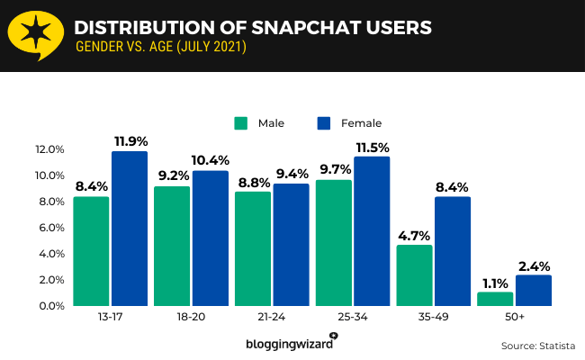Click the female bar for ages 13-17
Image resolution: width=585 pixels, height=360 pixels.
coord(130,229)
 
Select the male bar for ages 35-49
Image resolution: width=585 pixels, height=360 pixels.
coord(414,275)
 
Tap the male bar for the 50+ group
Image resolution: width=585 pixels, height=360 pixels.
coord(495,299)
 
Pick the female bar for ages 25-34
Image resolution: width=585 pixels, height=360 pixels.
coord(372,231)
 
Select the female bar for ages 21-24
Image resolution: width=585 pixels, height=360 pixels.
coord(291,245)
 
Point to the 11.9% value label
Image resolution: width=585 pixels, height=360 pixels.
coord(130,141)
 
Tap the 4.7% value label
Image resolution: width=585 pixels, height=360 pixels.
coord(414,235)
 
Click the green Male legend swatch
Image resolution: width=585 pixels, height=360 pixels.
coord(240,122)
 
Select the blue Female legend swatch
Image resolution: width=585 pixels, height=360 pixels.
coord(325,122)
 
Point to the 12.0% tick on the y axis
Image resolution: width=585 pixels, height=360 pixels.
coord(49,149)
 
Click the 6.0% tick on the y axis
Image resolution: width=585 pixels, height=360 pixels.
coord(49,228)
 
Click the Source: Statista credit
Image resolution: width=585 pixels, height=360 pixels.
coord(537,345)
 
